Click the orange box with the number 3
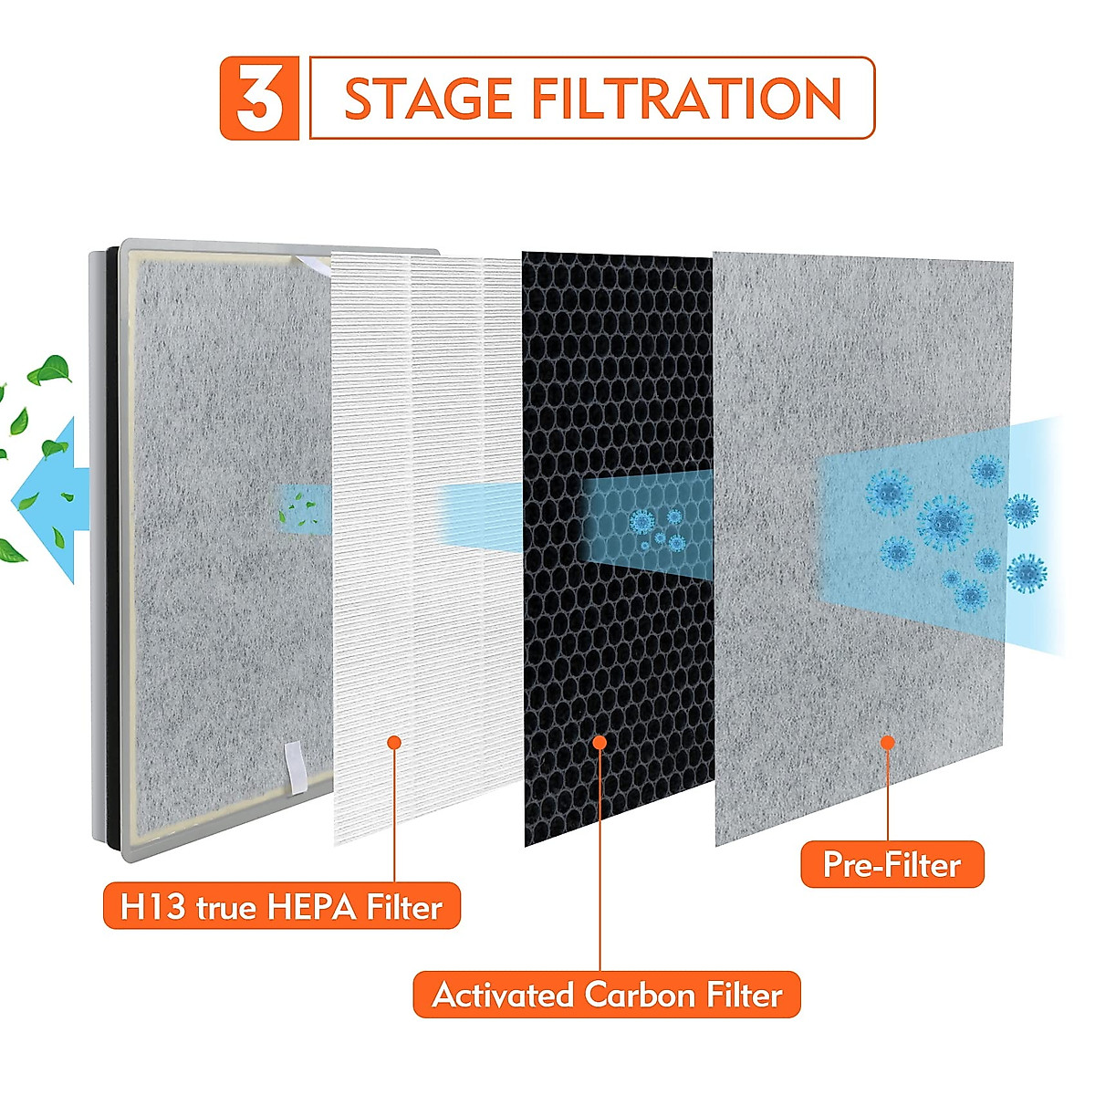(x=259, y=99)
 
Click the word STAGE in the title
(x=428, y=99)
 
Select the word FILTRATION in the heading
(x=686, y=99)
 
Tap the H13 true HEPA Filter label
(x=281, y=907)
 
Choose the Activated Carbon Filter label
(x=607, y=995)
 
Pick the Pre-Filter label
(x=892, y=865)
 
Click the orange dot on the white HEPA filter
(x=394, y=743)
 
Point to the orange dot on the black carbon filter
(x=600, y=743)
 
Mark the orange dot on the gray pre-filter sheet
(x=887, y=743)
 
